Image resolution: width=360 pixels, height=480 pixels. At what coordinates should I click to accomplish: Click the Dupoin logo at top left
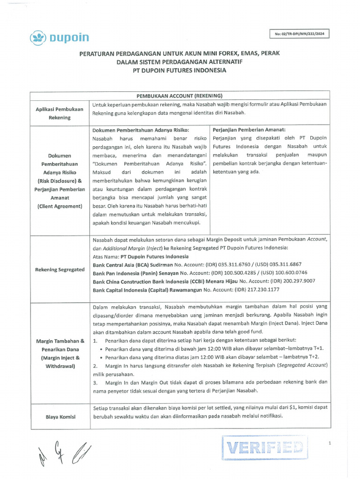pos(60,37)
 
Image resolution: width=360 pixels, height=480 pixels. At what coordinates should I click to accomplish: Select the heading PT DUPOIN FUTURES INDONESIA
pos(179,70)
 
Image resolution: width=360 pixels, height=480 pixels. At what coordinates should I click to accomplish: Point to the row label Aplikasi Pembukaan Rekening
pos(60,113)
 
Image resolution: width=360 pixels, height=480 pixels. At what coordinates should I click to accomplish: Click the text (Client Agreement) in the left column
pos(60,206)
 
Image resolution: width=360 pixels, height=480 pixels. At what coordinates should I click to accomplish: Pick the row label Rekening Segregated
pos(60,270)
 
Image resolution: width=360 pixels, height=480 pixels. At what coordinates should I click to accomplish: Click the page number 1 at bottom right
pos(330,442)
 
